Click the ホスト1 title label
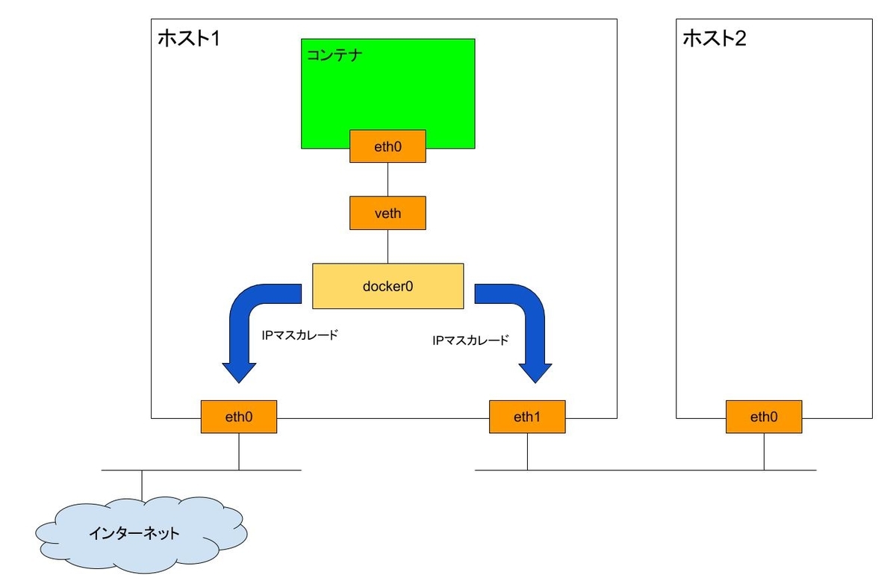189,38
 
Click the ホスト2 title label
715,38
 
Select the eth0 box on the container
388,146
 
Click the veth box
388,213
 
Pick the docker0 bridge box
388,285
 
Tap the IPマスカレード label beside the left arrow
299,335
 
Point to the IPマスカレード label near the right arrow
470,340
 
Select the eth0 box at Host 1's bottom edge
239,417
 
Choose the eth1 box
527,417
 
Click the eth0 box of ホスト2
764,417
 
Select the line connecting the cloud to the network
141,487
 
